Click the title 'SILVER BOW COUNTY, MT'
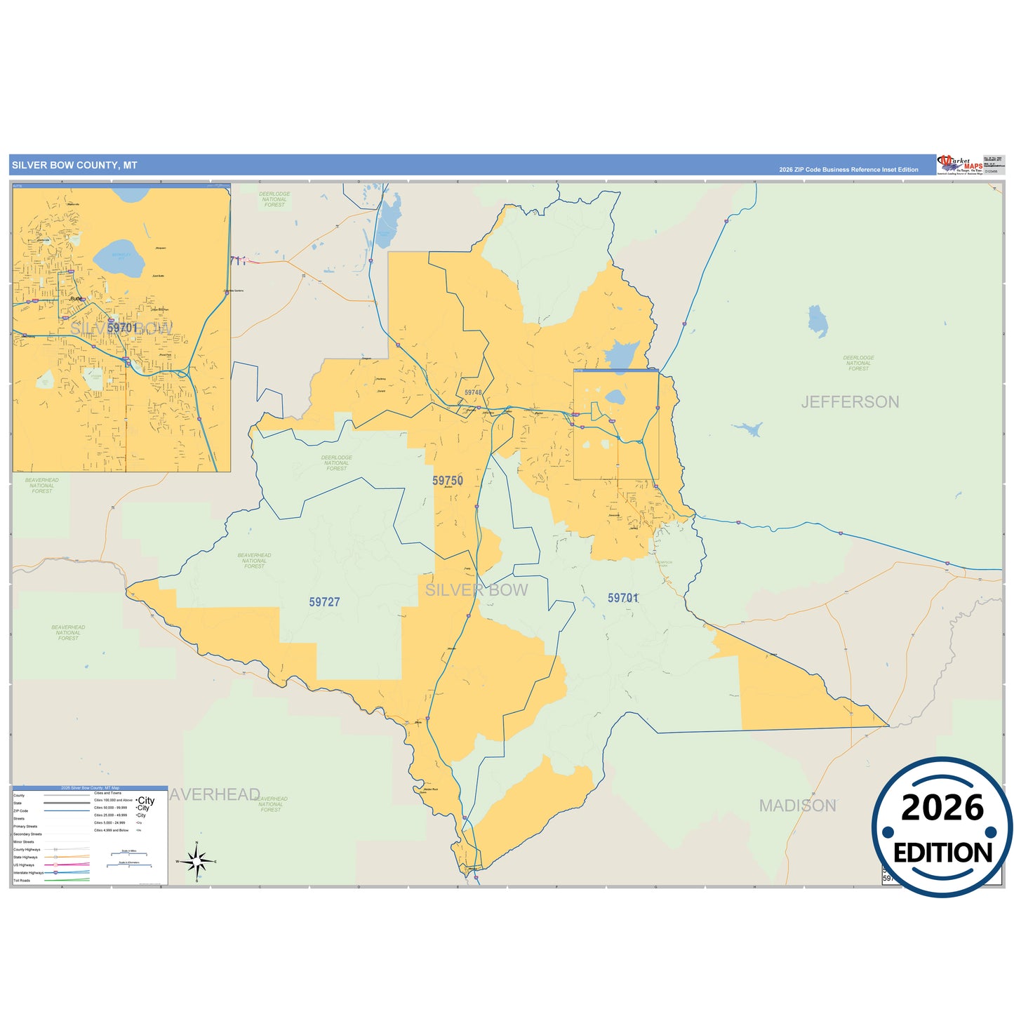(x=74, y=166)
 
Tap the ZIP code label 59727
(x=324, y=602)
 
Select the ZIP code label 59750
(x=448, y=481)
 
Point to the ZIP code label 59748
(x=473, y=394)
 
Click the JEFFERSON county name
(x=850, y=402)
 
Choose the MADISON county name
(x=797, y=806)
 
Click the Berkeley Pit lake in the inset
(x=119, y=258)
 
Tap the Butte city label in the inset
(x=76, y=298)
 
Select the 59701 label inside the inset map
(x=122, y=328)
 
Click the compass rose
(x=197, y=860)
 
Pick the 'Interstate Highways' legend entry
(x=28, y=873)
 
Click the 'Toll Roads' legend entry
(x=22, y=881)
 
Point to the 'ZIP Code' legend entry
(x=21, y=811)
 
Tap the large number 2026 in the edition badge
(x=942, y=808)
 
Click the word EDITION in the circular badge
(x=942, y=853)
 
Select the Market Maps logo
(x=959, y=165)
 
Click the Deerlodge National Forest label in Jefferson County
(x=858, y=363)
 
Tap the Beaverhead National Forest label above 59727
(x=254, y=561)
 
